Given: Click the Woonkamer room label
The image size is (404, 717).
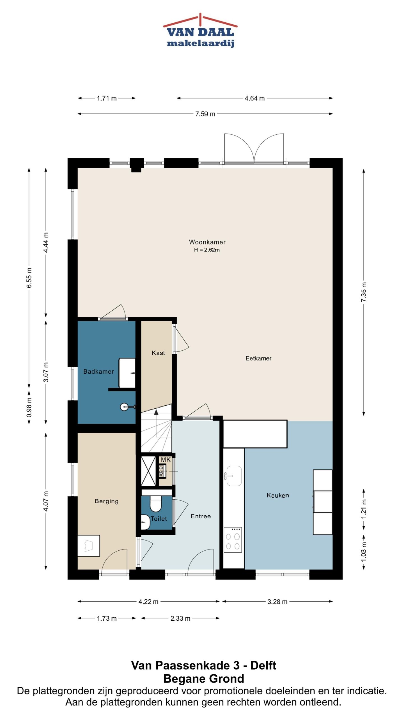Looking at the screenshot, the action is (207, 242).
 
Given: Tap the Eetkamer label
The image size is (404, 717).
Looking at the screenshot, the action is (258, 358).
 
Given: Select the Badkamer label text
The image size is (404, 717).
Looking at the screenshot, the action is (98, 371).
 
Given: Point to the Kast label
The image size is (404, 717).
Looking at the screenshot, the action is (158, 353).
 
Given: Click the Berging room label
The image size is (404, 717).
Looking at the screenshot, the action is (107, 501).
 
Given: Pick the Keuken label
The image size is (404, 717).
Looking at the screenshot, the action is (278, 495).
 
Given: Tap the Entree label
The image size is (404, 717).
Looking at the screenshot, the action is (201, 516).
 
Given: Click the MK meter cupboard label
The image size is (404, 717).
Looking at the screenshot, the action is (166, 460).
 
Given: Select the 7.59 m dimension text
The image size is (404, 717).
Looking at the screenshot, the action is (205, 114).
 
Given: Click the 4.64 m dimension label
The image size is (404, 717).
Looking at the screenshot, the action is (254, 98).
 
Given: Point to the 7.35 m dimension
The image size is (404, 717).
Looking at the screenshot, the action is (364, 292).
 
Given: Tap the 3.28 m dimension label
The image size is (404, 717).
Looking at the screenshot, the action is (277, 602).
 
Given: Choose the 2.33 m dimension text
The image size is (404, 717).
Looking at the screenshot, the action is (180, 618).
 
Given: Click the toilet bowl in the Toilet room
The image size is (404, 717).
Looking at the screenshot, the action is (155, 504).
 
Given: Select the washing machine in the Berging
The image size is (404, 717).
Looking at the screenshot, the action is (89, 546).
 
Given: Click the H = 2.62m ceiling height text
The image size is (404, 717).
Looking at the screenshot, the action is (207, 250).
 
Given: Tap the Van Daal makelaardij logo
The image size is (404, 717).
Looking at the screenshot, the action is (201, 30).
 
